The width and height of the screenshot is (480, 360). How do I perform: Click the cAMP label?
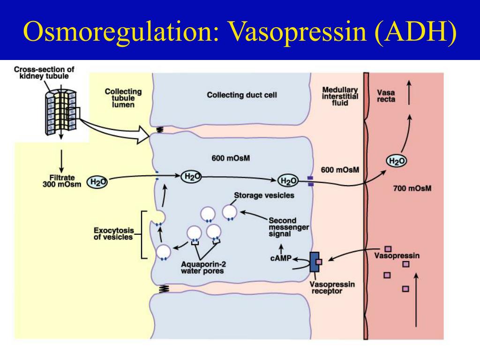(281, 258)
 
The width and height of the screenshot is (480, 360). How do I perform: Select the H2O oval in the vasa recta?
(397, 161)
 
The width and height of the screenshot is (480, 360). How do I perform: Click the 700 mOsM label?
(412, 189)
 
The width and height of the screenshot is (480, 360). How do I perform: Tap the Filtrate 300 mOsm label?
(62, 181)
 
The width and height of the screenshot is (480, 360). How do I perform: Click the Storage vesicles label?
(264, 195)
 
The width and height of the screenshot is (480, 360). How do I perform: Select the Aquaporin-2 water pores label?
(202, 267)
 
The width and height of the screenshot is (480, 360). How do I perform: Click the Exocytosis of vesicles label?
(113, 233)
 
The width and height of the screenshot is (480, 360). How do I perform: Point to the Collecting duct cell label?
(242, 95)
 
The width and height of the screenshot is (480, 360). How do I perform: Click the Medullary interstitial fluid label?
(340, 96)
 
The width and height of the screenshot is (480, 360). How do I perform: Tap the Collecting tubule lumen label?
(123, 98)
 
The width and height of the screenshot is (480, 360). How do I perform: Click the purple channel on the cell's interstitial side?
(310, 181)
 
